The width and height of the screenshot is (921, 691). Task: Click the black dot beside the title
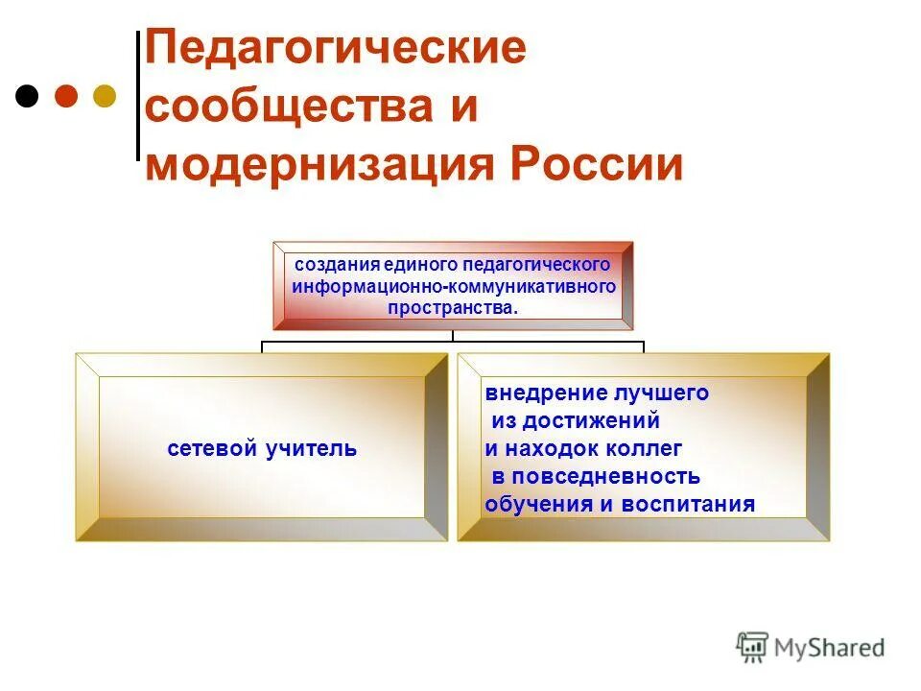(28, 96)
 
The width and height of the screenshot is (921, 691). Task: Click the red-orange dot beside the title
(66, 96)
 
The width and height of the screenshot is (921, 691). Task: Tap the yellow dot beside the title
(104, 96)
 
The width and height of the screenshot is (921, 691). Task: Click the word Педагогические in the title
(336, 49)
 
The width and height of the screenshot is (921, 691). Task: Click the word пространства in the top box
(451, 308)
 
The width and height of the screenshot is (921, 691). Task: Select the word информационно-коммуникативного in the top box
(453, 286)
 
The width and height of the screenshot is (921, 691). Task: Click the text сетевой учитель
(262, 448)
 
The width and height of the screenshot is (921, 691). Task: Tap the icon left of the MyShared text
(752, 648)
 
